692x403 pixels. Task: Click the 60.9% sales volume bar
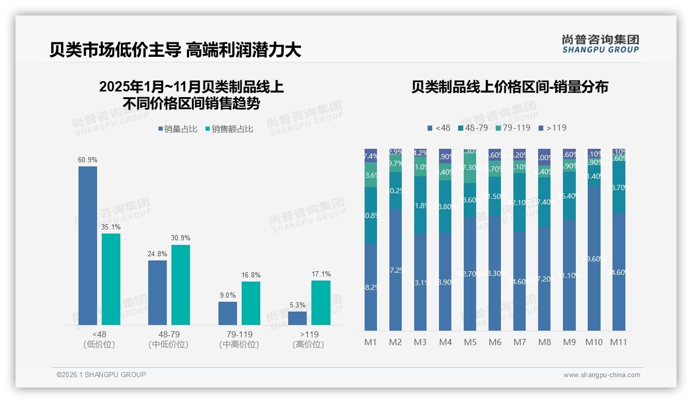88,245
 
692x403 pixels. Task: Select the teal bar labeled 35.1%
111,279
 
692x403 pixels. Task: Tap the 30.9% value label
181,238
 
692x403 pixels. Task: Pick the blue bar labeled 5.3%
297,318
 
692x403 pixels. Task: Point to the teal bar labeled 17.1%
321,303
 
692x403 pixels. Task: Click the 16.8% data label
251,275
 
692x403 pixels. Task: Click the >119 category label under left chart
308,334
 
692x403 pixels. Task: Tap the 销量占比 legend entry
177,129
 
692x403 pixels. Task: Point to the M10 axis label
594,342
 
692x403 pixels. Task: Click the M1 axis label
371,342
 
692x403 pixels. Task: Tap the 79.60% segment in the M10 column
594,258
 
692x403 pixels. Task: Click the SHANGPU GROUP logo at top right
600,44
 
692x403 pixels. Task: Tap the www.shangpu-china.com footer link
602,375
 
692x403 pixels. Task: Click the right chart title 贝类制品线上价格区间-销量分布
510,87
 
